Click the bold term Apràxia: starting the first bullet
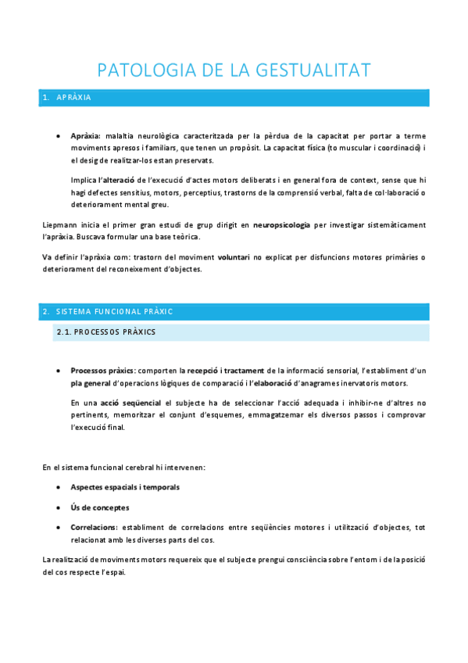pos(85,135)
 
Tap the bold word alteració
pos(115,180)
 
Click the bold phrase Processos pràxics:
pos(103,370)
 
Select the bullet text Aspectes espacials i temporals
pos(125,486)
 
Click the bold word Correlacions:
pos(94,527)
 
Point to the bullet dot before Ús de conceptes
pos(60,507)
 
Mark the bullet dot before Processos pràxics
pos(60,370)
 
